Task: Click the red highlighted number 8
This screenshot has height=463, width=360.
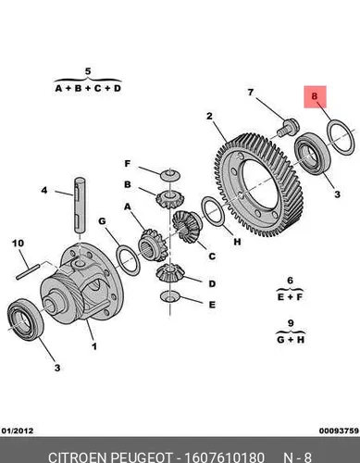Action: (314, 96)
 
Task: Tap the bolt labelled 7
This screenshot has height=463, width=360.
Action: (288, 127)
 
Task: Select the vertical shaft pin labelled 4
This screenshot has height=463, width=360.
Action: (80, 205)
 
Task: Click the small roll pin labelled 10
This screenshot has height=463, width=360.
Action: (28, 271)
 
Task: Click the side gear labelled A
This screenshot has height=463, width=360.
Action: (153, 245)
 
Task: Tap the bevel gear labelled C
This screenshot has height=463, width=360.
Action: (187, 226)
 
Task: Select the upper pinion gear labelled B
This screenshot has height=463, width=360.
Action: (169, 199)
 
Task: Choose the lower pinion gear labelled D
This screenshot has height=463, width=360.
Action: (169, 273)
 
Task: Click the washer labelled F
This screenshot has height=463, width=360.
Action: (170, 175)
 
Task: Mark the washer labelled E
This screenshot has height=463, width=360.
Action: (170, 296)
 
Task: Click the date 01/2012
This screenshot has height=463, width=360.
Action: (18, 431)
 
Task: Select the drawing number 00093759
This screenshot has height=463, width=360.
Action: (340, 431)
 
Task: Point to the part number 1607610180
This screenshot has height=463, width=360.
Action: (224, 457)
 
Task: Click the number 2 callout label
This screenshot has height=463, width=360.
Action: (210, 117)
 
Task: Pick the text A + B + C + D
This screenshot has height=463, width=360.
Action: (88, 88)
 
